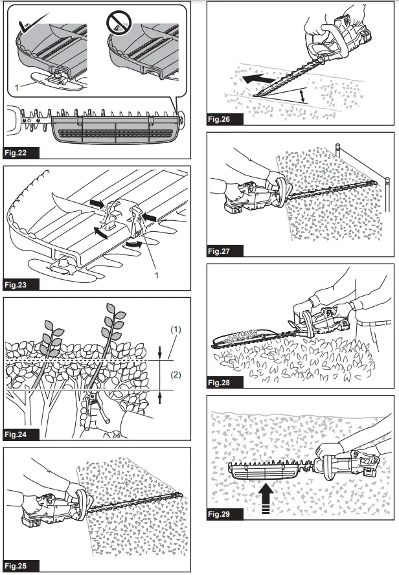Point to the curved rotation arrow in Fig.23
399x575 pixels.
[x=133, y=244]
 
